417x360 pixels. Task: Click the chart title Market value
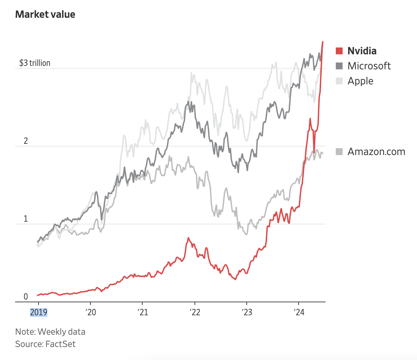tap(45, 14)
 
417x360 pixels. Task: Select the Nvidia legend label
tap(362, 51)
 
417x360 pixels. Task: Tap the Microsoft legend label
tap(369, 66)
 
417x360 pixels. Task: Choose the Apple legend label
tap(360, 81)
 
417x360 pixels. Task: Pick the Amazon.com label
tap(376, 152)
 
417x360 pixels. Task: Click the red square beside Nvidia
tap(339, 51)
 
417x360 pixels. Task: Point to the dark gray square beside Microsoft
tap(339, 66)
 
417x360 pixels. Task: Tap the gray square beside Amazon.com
tap(339, 152)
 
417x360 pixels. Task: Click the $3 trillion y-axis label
tap(35, 63)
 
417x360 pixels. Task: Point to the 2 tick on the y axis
tap(26, 141)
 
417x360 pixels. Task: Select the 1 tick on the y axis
tap(26, 219)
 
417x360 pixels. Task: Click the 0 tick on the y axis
tap(26, 296)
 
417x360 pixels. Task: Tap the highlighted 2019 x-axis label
tap(39, 313)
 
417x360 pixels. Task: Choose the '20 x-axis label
tap(91, 313)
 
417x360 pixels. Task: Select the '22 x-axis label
tap(195, 313)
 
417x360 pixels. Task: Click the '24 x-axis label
tap(299, 313)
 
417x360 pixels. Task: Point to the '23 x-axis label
tap(247, 313)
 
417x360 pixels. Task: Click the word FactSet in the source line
tap(60, 344)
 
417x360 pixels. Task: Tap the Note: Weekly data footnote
tap(50, 332)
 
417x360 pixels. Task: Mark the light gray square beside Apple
tap(339, 81)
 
